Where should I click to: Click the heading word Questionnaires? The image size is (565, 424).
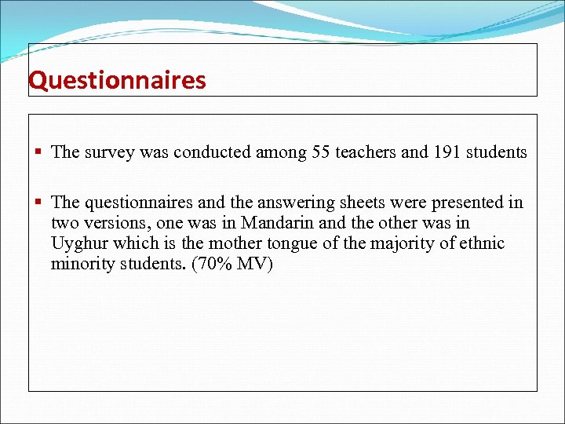117,81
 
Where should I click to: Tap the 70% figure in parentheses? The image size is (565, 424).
205,264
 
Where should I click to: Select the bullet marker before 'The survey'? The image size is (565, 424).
38,152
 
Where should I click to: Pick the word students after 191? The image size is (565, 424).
496,152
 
